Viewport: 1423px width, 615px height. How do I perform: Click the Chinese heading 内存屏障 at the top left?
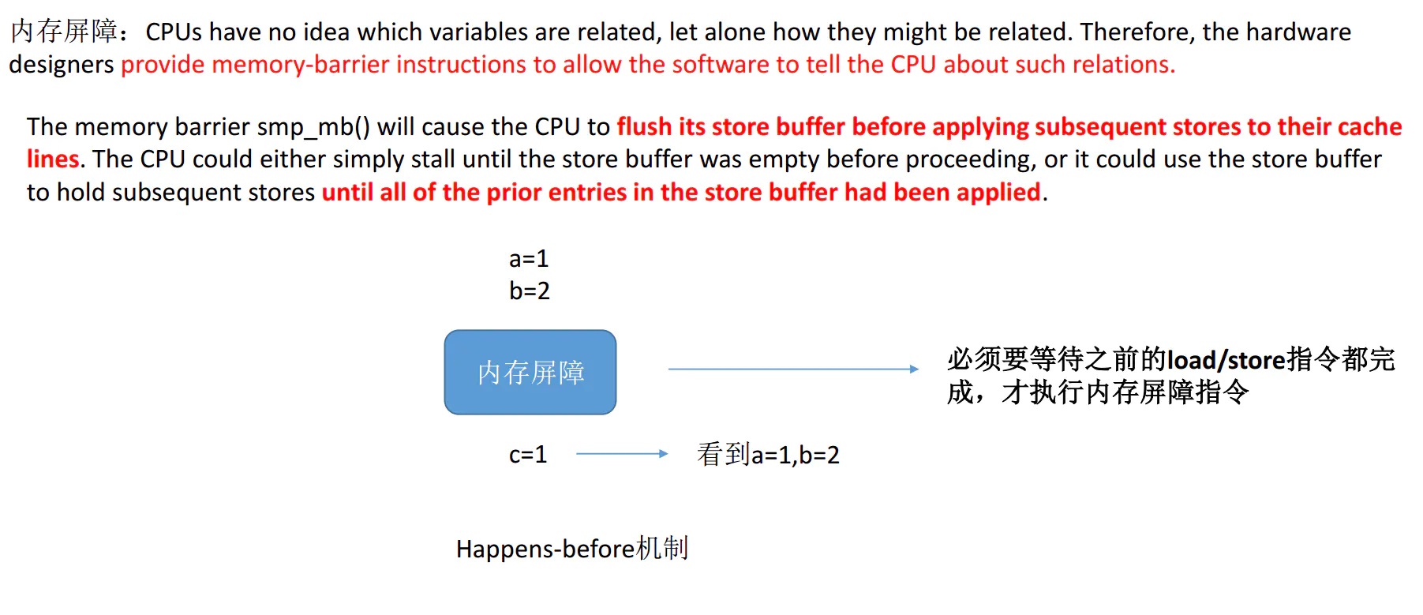point(65,32)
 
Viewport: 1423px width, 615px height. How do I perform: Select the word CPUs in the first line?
point(174,32)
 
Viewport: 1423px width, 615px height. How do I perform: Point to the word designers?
point(62,65)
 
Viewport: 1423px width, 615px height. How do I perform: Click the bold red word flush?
point(644,126)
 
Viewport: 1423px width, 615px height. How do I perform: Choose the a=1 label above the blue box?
point(529,258)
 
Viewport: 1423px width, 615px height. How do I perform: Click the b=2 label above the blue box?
point(529,291)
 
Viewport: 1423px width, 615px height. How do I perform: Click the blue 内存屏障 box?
point(530,372)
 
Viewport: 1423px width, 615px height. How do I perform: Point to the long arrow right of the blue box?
point(793,369)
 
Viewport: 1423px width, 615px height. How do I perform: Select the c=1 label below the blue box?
point(528,454)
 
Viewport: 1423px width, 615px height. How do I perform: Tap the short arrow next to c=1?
point(622,454)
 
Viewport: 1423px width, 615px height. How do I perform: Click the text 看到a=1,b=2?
point(768,454)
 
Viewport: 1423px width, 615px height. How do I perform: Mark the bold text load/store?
point(1226,360)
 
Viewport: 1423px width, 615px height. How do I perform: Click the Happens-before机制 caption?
point(572,548)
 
